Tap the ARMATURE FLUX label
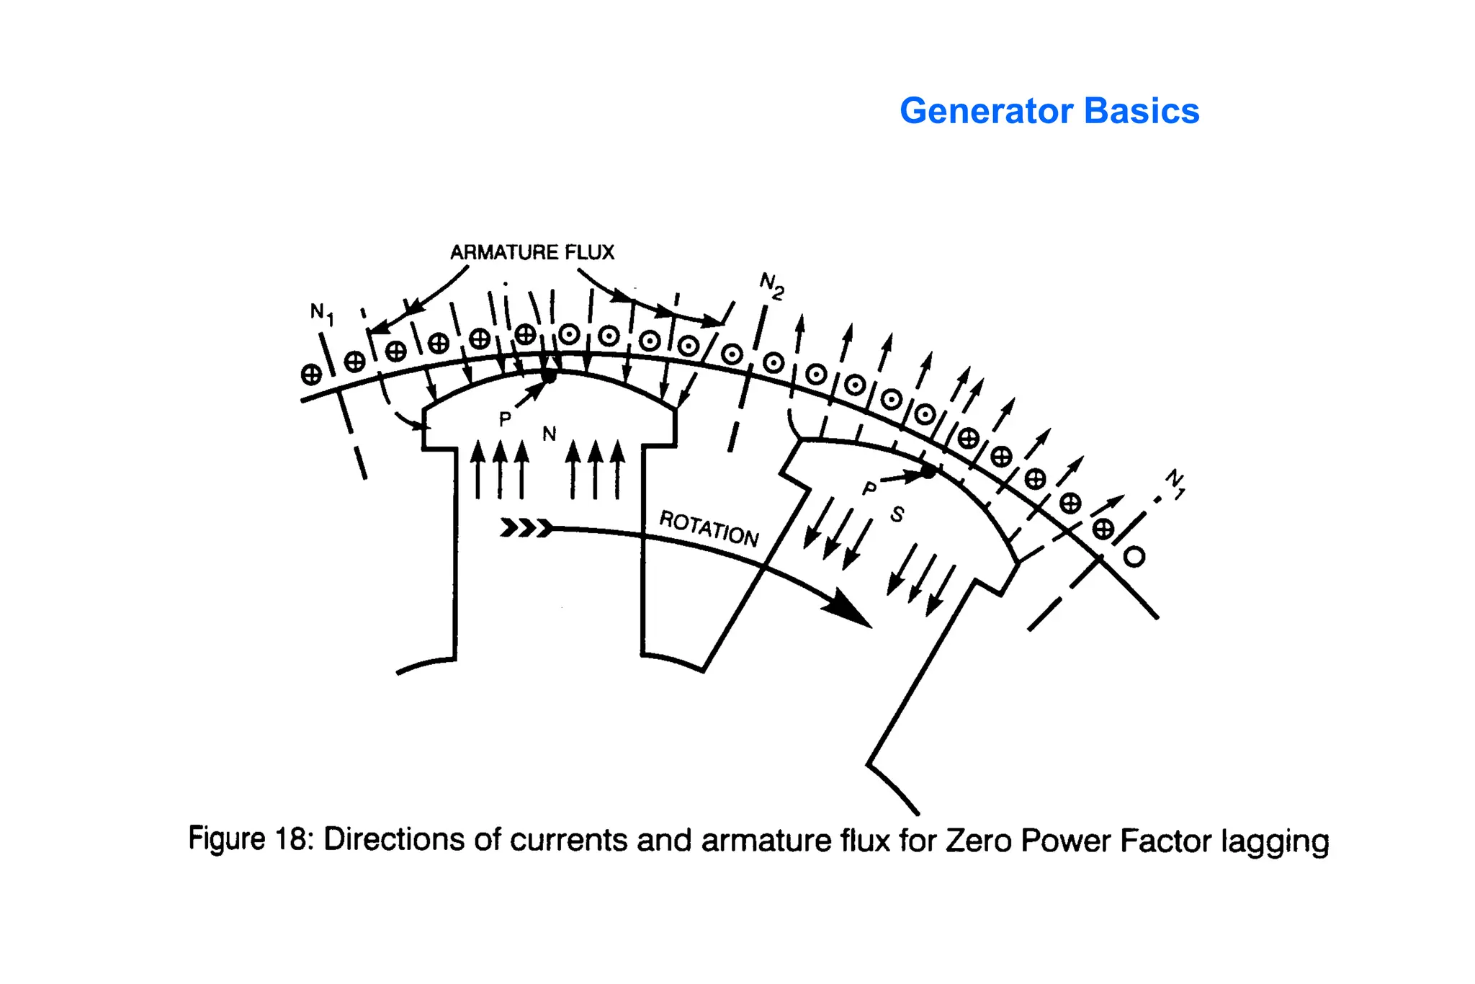[x=532, y=252]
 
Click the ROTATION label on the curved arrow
[x=709, y=529]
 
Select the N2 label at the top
[x=771, y=285]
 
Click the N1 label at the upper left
[x=322, y=313]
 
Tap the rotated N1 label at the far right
[x=1175, y=483]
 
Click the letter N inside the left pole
[x=549, y=434]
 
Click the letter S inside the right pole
[x=897, y=514]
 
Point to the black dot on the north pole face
[x=549, y=376]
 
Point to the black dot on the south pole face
[x=929, y=472]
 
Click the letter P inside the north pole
[x=505, y=419]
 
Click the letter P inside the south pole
[x=870, y=489]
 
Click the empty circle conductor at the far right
[x=1134, y=557]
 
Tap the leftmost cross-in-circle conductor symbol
[x=311, y=375]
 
